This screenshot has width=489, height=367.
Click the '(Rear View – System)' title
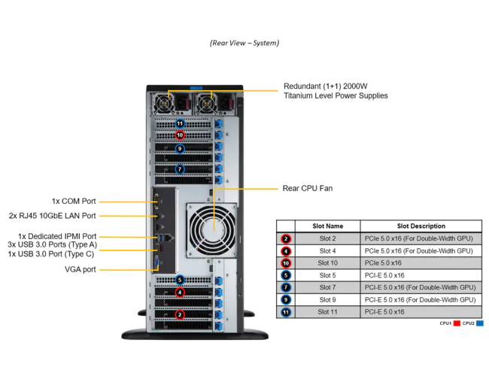coord(244,43)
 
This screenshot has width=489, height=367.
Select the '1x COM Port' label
coord(74,202)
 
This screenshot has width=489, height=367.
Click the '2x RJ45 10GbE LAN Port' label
coord(53,216)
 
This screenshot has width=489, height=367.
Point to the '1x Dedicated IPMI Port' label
coord(57,235)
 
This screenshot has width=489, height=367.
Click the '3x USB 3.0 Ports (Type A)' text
coord(52,244)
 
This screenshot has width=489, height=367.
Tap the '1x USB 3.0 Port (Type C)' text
coord(52,254)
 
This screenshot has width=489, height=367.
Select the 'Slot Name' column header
coord(328,226)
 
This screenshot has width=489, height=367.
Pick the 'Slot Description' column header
coord(421,226)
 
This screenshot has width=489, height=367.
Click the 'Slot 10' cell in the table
coord(328,263)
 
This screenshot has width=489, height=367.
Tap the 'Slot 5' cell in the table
coord(328,275)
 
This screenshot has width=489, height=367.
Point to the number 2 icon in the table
coord(286,238)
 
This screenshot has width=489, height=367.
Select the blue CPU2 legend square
coord(479,323)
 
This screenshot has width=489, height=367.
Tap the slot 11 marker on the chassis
coord(180,123)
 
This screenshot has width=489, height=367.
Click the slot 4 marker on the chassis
coord(180,292)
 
